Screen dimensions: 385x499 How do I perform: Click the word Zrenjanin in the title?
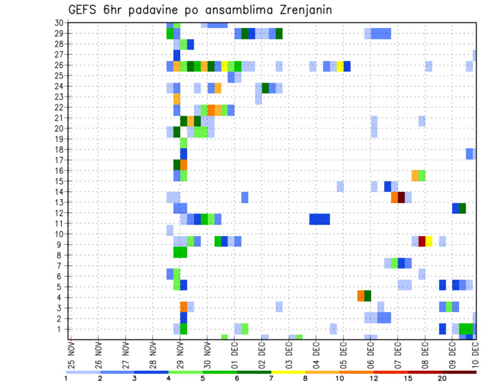click(x=304, y=10)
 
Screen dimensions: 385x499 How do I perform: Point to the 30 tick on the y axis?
click(x=59, y=23)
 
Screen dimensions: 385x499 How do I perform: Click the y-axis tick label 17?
click(x=59, y=160)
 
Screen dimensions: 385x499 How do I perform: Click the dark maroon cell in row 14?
click(x=401, y=197)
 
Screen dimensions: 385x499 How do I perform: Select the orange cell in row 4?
click(x=361, y=296)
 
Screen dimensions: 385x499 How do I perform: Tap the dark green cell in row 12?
click(x=463, y=208)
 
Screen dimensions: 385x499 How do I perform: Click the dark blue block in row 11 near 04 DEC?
click(x=319, y=219)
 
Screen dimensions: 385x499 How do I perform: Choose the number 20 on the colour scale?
click(x=442, y=378)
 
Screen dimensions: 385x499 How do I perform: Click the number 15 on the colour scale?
click(x=408, y=378)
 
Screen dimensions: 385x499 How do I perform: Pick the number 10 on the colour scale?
click(x=339, y=378)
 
